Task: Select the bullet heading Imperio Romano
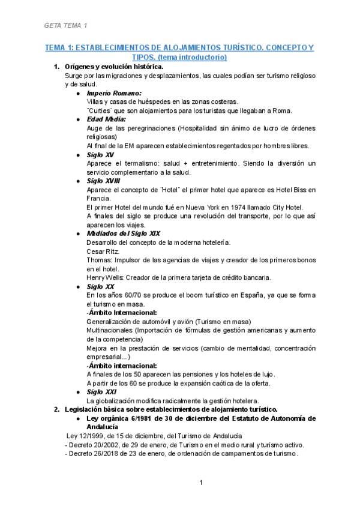(114, 93)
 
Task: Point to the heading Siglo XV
(101, 154)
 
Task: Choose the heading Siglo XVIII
(104, 181)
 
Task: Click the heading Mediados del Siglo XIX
(123, 233)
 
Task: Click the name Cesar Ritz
(103, 251)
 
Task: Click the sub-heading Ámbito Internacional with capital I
(123, 313)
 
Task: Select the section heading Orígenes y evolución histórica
(114, 67)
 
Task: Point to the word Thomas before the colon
(100, 260)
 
